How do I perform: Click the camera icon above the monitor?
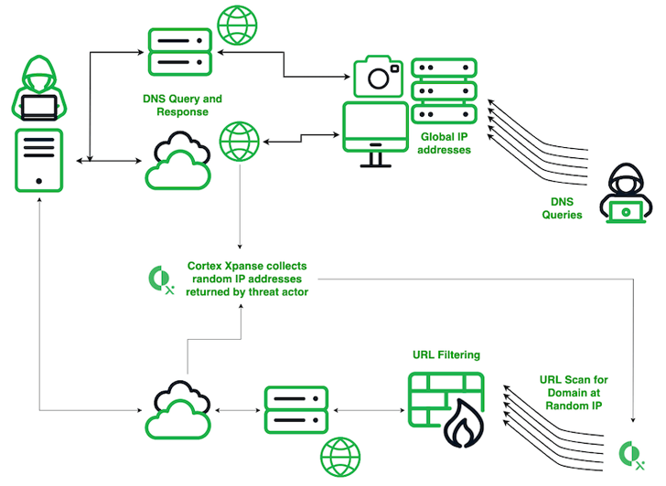(378, 76)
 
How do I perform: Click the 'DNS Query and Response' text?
(182, 105)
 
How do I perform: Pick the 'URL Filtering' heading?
(446, 354)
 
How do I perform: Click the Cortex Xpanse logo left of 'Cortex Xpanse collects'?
(161, 279)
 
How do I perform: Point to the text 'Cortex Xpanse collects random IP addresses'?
(247, 279)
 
